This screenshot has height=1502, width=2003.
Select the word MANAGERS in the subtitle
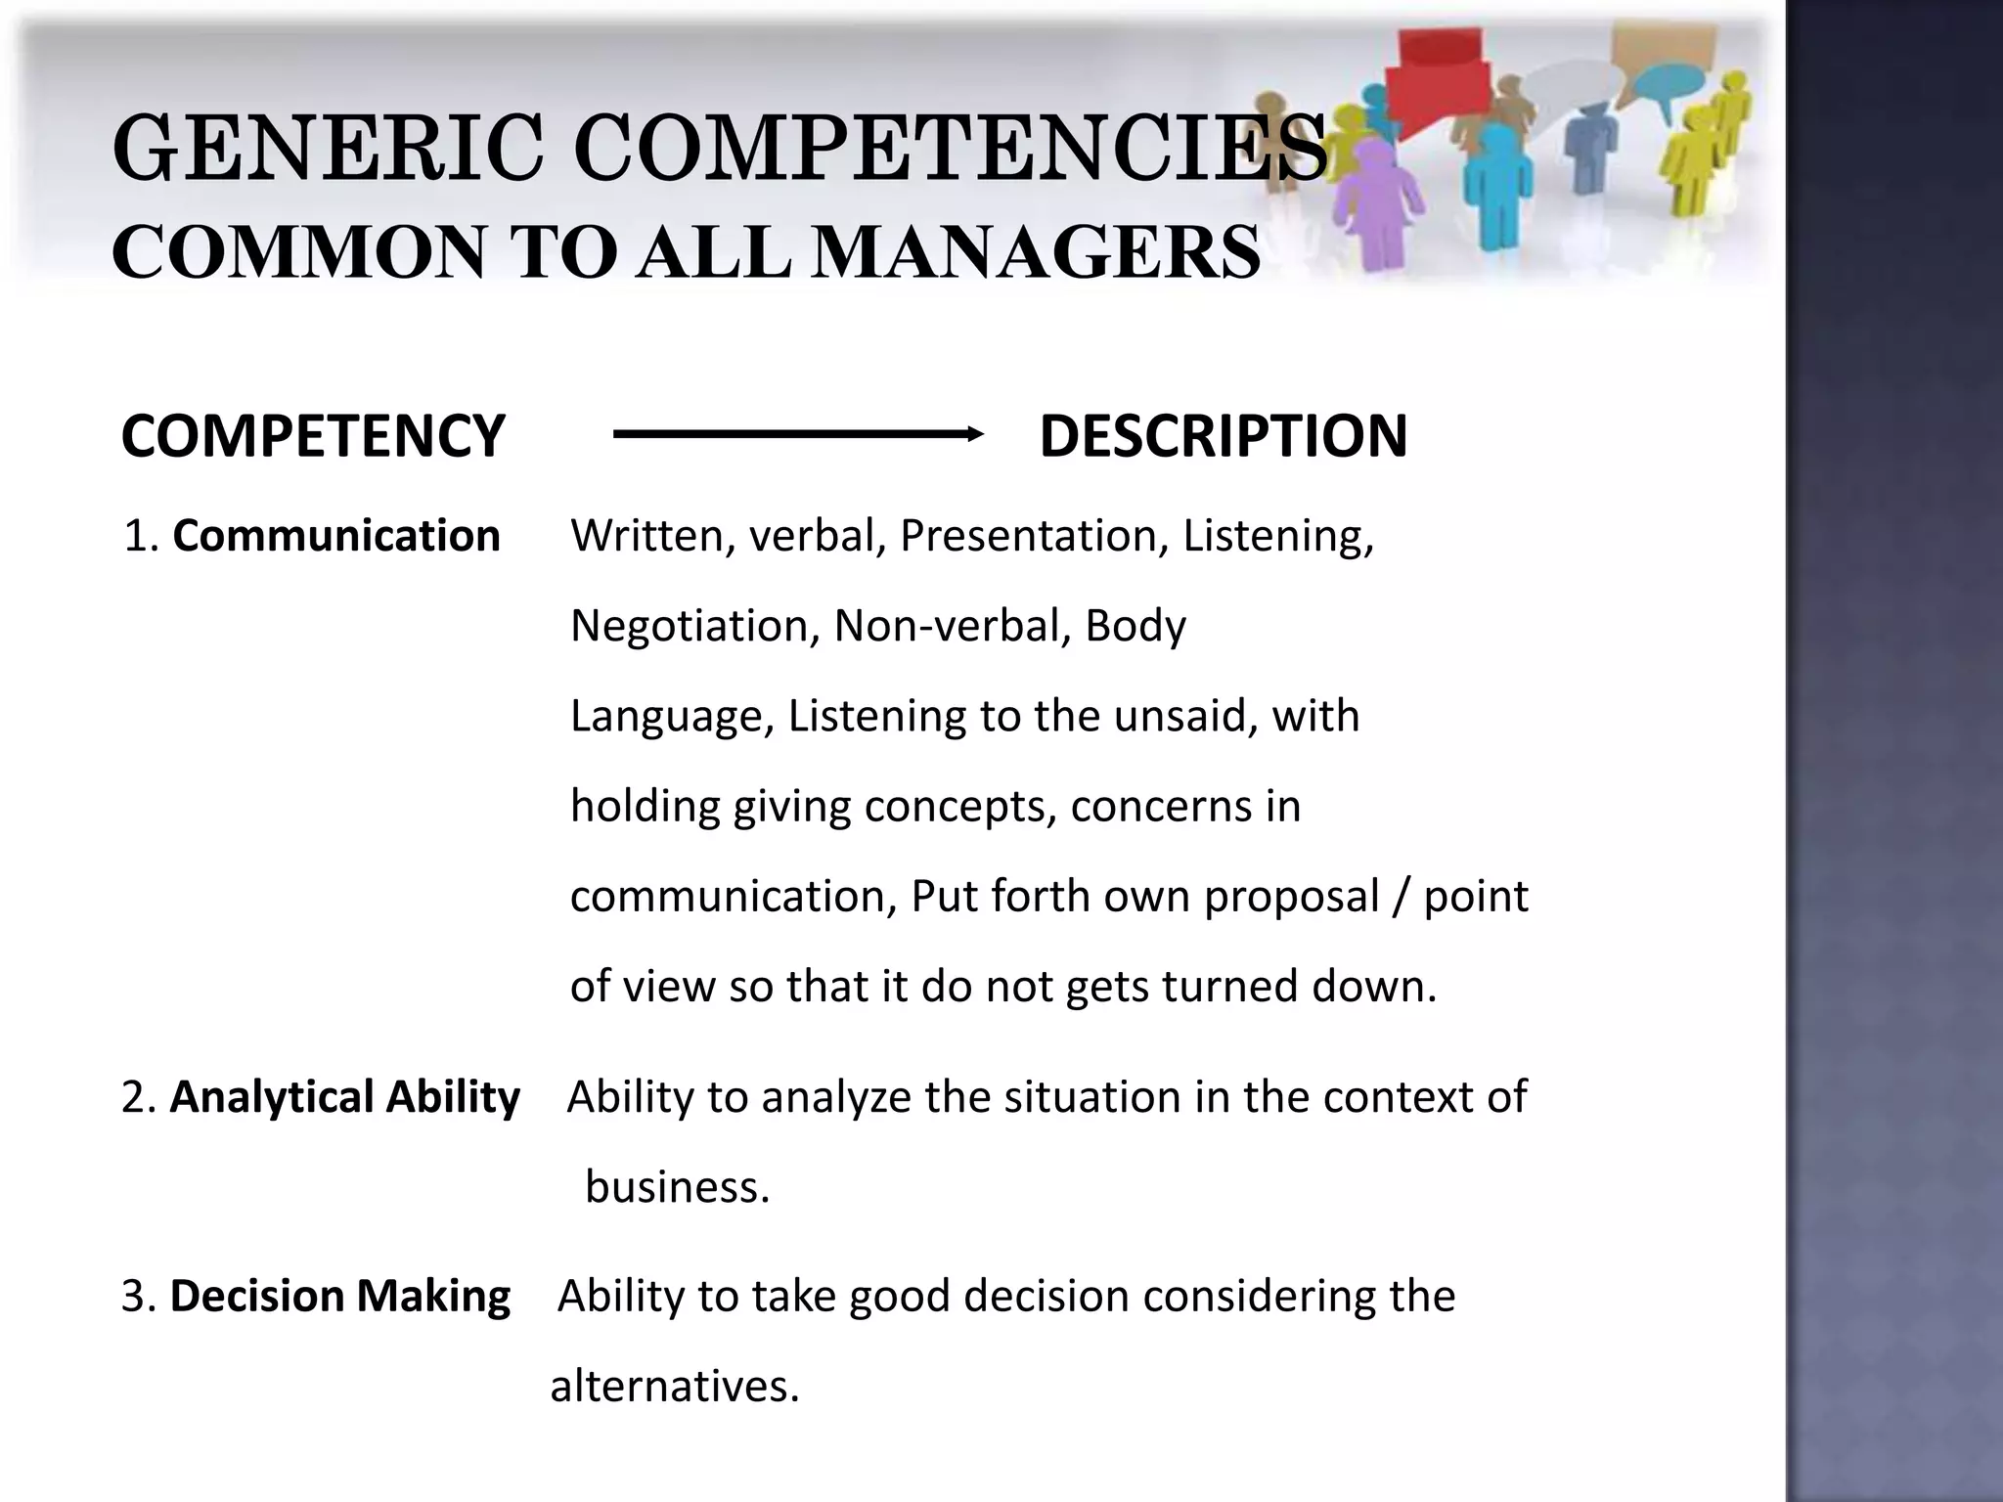[x=1037, y=252]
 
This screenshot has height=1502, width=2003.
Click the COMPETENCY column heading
[x=313, y=436]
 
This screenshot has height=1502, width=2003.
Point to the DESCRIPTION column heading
[x=1223, y=436]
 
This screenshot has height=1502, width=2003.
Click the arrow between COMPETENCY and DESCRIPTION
[x=798, y=434]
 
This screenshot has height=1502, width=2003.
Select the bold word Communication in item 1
[x=336, y=536]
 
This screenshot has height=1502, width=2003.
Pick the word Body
[x=1135, y=626]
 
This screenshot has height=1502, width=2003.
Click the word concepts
[x=960, y=807]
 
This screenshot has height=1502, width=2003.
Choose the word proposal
[x=1291, y=897]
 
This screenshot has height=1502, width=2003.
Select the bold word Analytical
[x=273, y=1097]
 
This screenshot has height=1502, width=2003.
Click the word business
[x=677, y=1187]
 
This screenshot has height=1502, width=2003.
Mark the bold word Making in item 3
[x=433, y=1297]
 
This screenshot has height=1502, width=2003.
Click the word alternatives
[x=675, y=1387]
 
